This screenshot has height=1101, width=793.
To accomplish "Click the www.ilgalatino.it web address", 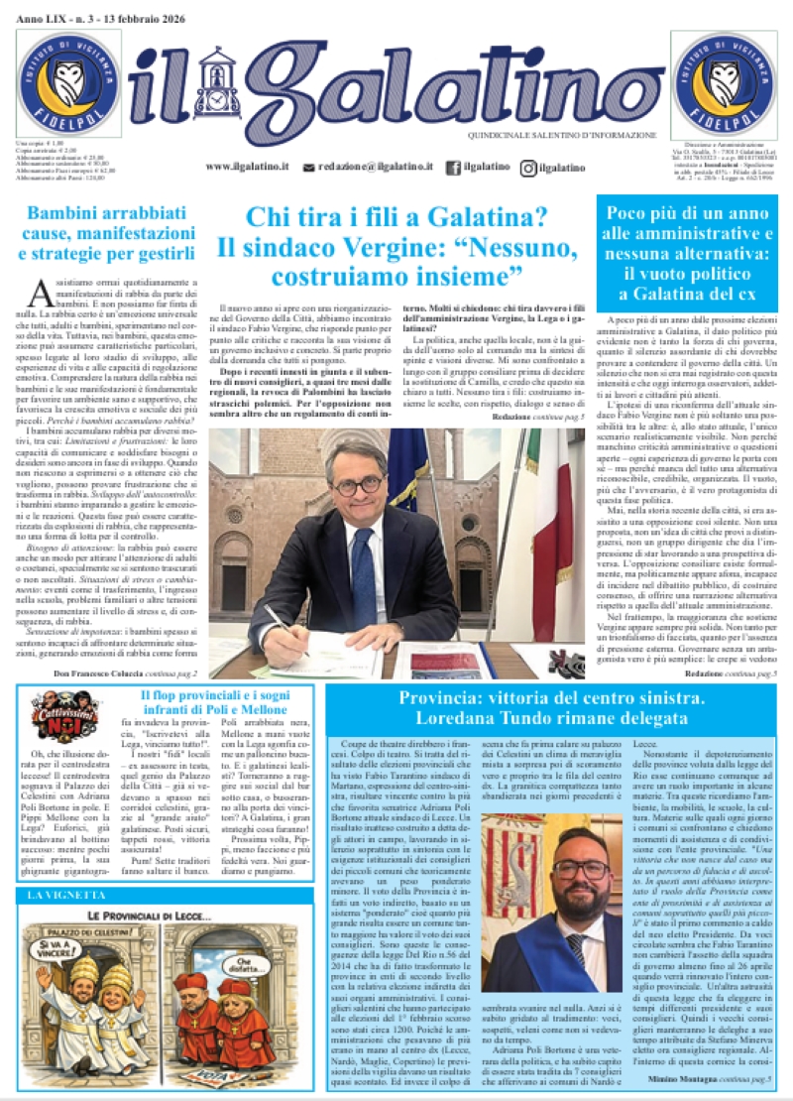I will pyautogui.click(x=247, y=168).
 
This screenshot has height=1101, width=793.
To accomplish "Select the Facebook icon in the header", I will pyautogui.click(x=453, y=168).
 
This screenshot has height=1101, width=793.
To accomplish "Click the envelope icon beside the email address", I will pyautogui.click(x=309, y=168).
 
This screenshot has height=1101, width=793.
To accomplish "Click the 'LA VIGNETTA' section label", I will pyautogui.click(x=60, y=895).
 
